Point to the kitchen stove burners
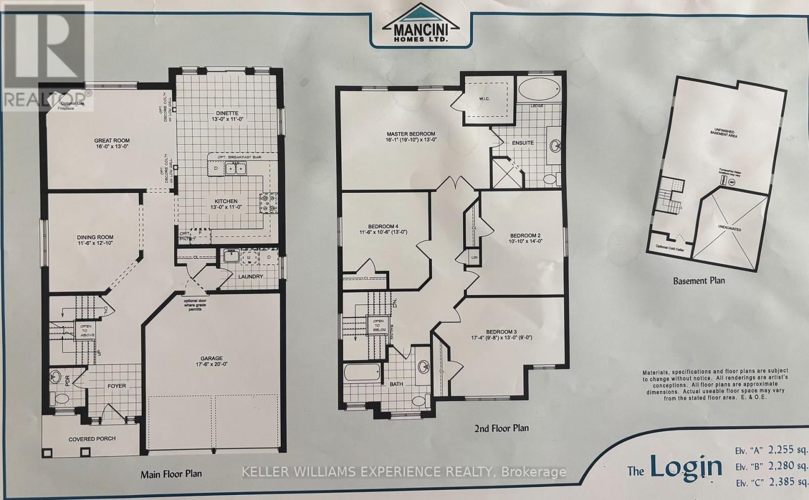click(268, 203)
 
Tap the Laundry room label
click(250, 277)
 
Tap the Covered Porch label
click(92, 439)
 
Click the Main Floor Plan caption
click(171, 474)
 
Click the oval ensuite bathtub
click(539, 90)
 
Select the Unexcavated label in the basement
click(730, 229)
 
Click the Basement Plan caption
click(699, 281)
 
